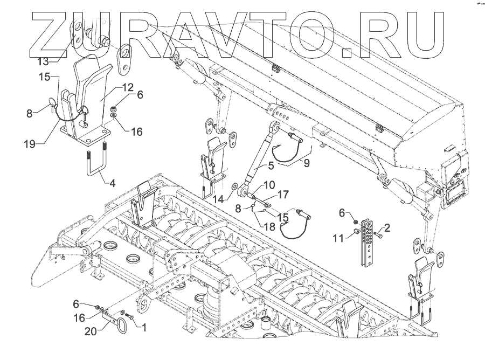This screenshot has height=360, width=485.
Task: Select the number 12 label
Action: click(x=127, y=86)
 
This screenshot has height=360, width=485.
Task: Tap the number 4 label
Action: click(x=112, y=183)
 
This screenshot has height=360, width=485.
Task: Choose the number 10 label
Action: click(x=269, y=185)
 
